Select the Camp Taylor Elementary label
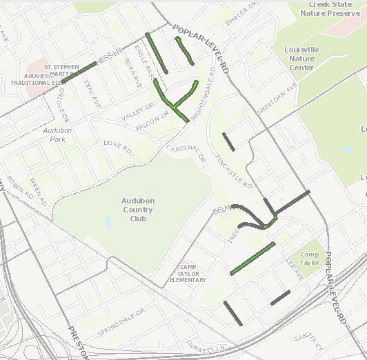188,273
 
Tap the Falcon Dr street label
152,121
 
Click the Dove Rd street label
117,146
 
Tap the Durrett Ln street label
205,347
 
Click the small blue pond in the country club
108,223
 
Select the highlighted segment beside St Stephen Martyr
79,72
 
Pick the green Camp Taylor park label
310,259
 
